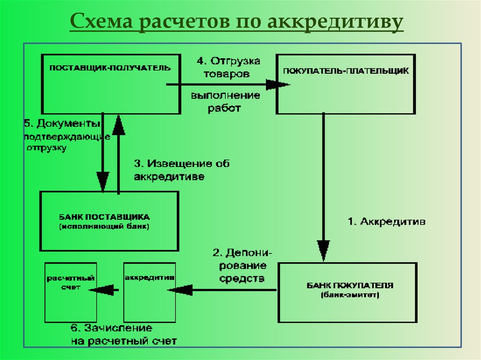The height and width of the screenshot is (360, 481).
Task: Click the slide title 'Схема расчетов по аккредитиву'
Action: tap(236, 23)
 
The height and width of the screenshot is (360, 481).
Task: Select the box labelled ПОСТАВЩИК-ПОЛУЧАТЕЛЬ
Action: tap(110, 84)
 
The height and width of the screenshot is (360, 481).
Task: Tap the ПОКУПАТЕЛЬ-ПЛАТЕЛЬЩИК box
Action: tap(346, 84)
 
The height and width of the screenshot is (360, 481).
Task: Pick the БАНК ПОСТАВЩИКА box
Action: tap(109, 221)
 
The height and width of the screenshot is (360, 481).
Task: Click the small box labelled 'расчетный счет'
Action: tap(70, 291)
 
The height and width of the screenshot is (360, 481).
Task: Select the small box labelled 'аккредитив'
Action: tap(149, 291)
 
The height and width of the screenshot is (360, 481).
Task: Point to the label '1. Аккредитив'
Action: tap(387, 222)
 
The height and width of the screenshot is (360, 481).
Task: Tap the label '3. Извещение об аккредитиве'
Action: tap(181, 170)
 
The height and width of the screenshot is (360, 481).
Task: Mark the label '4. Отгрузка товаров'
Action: tap(228, 67)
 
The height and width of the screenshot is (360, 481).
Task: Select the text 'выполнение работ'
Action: tap(225, 102)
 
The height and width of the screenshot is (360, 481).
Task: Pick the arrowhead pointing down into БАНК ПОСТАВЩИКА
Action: tap(102, 181)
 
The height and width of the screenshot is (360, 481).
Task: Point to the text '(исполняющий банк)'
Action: tap(104, 226)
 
